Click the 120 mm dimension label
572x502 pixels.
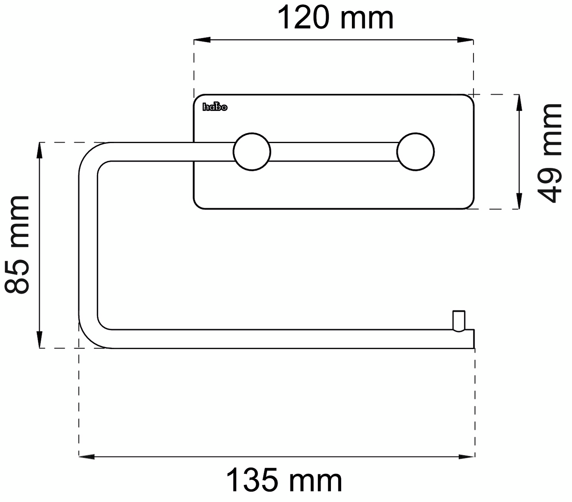(x=335, y=18)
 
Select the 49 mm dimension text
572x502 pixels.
(x=550, y=153)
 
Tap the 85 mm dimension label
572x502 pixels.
(x=17, y=245)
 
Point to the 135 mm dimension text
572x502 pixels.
(x=284, y=480)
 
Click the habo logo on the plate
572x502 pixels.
(x=215, y=107)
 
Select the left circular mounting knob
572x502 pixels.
(x=252, y=152)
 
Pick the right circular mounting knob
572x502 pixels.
(x=415, y=152)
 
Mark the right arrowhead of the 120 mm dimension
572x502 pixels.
(x=465, y=40)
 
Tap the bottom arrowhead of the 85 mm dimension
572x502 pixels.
(x=39, y=340)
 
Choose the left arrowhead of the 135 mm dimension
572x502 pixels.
(x=87, y=457)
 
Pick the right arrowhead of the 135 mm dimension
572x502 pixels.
(x=466, y=457)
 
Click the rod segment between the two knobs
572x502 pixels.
(x=334, y=152)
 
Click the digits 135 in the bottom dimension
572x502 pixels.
(x=252, y=480)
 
